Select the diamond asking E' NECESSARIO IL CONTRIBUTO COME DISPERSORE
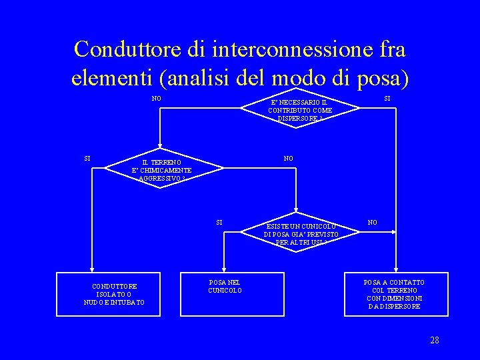click(x=299, y=106)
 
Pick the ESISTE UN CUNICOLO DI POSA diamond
click(x=301, y=230)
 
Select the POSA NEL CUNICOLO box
click(x=225, y=287)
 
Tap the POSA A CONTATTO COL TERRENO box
click(x=393, y=294)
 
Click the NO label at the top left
click(x=156, y=99)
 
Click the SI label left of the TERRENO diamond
click(x=87, y=159)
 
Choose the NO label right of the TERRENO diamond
click(x=288, y=159)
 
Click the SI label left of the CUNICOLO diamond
click(x=219, y=222)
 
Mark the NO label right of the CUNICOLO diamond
click(x=373, y=222)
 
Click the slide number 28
click(x=434, y=341)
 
